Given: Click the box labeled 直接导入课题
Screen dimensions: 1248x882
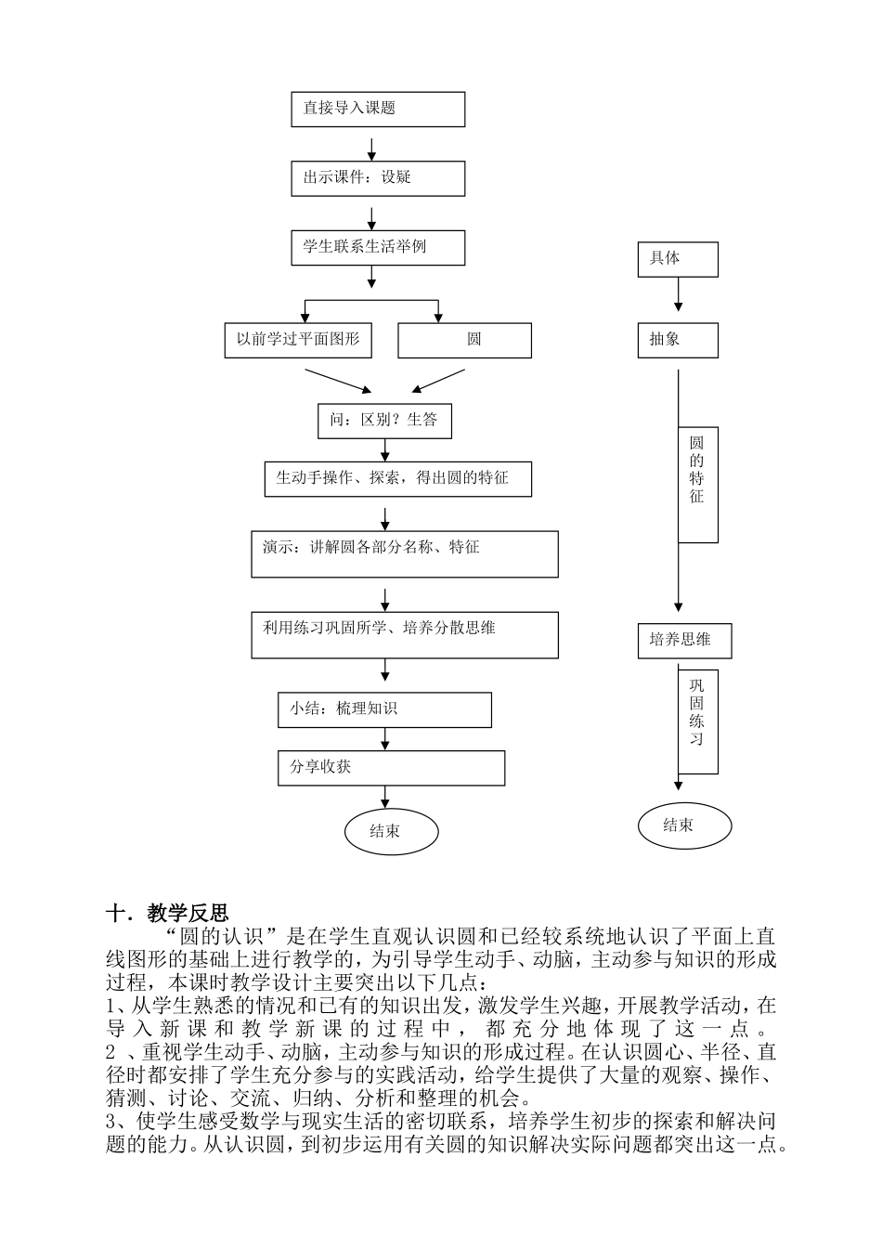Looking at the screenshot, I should click(377, 109).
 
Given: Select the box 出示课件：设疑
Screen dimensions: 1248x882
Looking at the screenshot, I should click(377, 178).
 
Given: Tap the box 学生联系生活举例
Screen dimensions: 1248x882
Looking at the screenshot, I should click(377, 248).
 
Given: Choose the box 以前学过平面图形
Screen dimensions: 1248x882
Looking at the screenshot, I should click(298, 340).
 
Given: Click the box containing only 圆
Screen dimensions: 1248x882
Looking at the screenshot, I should click(464, 340).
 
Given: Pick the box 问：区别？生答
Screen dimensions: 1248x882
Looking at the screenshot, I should click(383, 421).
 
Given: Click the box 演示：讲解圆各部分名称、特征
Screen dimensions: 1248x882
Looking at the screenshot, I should click(404, 554).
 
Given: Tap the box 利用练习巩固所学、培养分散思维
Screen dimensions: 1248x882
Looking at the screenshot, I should click(404, 635).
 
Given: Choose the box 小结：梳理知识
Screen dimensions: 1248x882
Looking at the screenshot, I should click(384, 710).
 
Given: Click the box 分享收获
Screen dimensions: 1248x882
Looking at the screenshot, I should click(391, 768).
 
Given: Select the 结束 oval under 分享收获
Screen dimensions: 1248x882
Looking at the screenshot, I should click(391, 830).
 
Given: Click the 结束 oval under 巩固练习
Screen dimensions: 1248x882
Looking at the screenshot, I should click(685, 825).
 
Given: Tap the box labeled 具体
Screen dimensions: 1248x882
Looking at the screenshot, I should click(678, 259).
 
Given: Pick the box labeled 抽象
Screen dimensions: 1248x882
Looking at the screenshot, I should click(678, 340).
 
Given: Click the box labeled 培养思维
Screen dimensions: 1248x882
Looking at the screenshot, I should click(684, 641).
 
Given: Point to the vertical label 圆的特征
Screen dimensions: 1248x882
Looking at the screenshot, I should click(697, 471).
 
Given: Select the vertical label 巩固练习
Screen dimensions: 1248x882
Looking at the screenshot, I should click(697, 713).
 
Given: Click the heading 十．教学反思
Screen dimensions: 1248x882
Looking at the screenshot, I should click(167, 914).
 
